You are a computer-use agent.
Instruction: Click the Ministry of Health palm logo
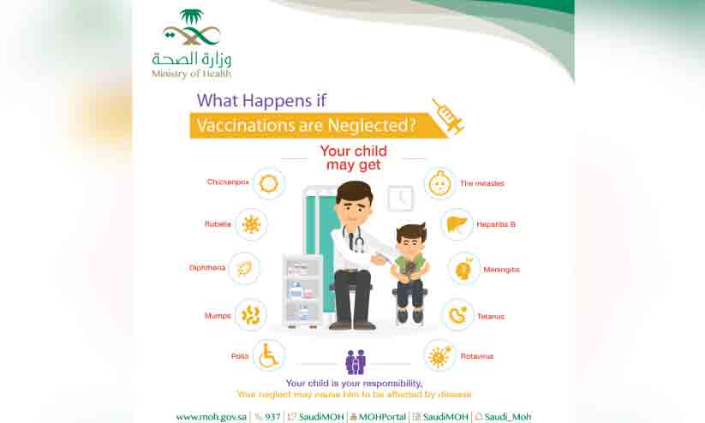click(192, 27)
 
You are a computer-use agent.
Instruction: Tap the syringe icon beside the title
click(448, 116)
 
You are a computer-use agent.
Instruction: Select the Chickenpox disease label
click(228, 182)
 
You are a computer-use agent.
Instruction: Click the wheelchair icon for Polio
click(269, 355)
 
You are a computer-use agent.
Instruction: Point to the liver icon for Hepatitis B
click(457, 223)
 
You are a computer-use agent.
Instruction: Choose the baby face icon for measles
click(439, 183)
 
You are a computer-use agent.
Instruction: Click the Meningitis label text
click(501, 270)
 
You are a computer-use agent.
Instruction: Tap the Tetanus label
click(491, 317)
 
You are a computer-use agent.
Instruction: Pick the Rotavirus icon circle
click(439, 356)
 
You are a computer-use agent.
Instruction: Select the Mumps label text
click(218, 316)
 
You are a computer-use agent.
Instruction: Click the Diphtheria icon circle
click(244, 269)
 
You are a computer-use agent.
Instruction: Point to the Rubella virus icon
click(251, 224)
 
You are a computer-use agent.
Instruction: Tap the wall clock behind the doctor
click(400, 199)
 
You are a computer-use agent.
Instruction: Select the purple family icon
click(355, 362)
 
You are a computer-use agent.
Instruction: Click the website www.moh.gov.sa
click(212, 417)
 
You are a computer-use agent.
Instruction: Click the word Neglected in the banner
click(373, 125)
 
